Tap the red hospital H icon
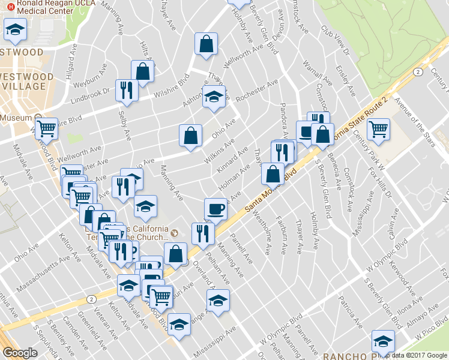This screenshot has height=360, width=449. [11, 3]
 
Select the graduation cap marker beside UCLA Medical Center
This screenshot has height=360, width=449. [16, 29]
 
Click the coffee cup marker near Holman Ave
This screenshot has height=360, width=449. [215, 209]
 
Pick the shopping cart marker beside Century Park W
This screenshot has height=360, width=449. [378, 128]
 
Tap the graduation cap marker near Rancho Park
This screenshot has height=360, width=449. [382, 341]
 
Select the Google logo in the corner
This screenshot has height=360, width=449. [20, 353]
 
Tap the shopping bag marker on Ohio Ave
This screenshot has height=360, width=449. [190, 135]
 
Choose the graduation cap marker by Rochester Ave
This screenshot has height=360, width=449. [213, 98]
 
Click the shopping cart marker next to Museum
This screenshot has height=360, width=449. [46, 128]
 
